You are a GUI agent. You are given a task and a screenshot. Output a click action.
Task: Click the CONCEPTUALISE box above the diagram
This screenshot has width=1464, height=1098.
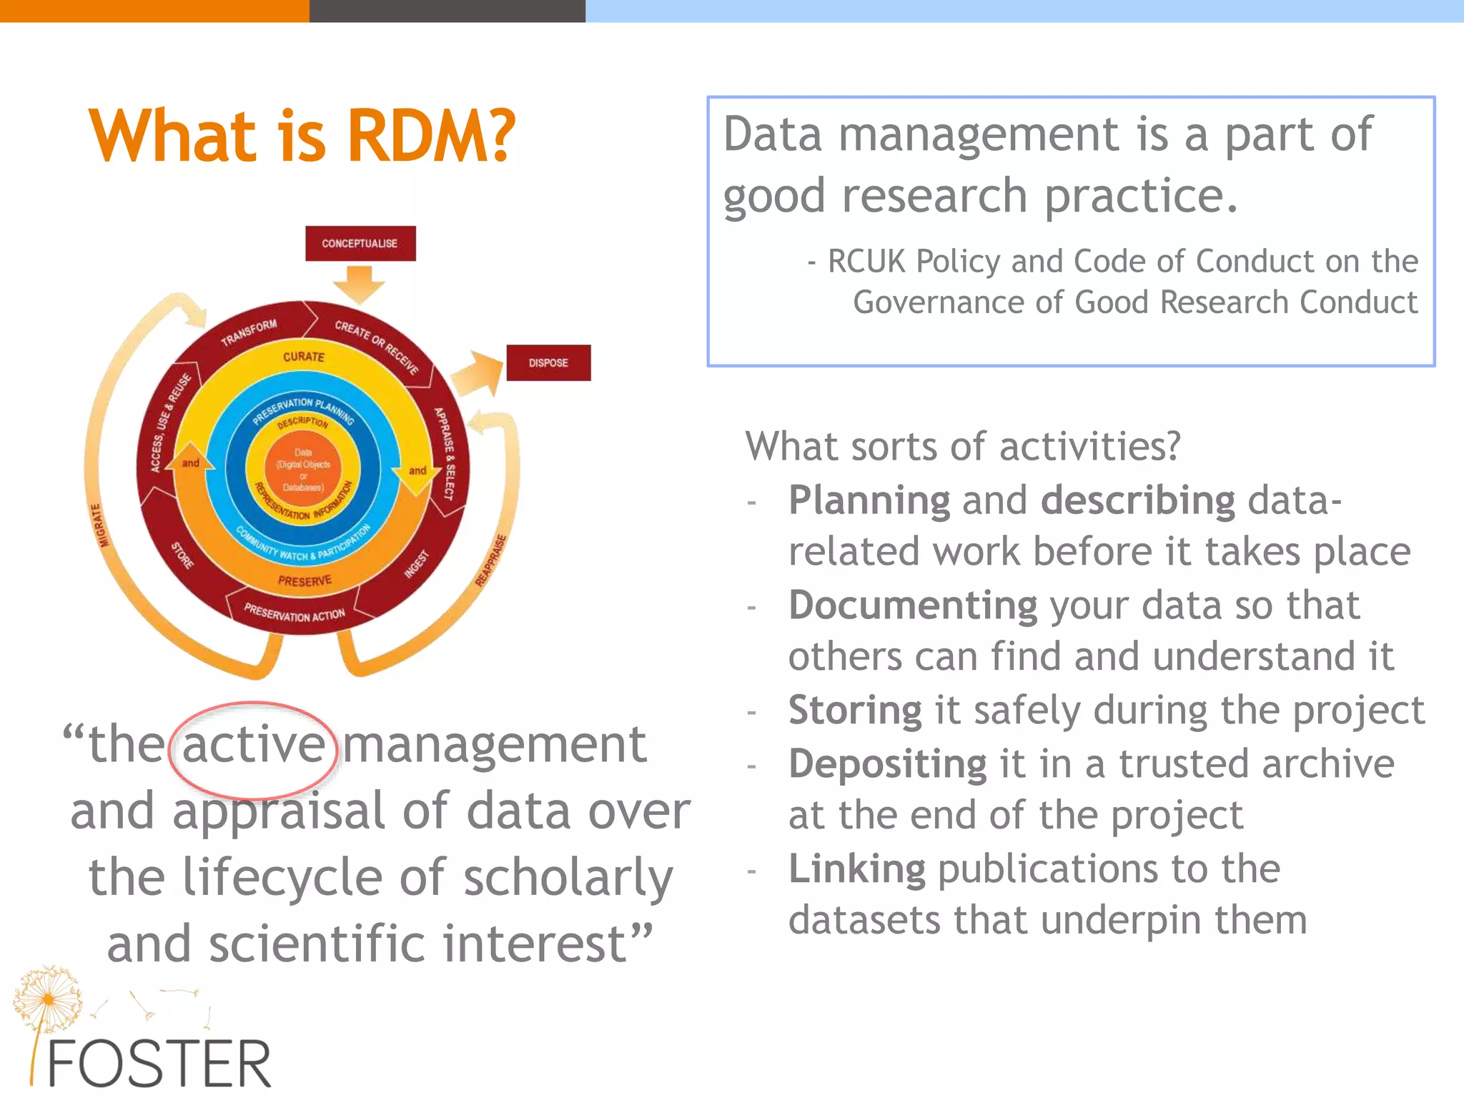(360, 244)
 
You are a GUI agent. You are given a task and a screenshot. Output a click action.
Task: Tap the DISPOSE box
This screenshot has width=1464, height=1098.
(548, 363)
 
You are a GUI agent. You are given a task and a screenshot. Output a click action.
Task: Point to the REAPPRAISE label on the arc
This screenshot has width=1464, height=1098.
(491, 561)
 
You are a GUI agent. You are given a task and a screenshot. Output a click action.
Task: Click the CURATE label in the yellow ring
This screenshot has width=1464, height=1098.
(304, 356)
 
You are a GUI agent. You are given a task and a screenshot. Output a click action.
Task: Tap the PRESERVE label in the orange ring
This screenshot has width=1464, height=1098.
(305, 581)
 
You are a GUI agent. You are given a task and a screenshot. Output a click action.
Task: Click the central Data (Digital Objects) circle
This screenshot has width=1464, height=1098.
(303, 470)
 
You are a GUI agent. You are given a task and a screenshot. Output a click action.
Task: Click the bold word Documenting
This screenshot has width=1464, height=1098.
(912, 605)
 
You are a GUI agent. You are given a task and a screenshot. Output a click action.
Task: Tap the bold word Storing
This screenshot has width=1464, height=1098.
(855, 711)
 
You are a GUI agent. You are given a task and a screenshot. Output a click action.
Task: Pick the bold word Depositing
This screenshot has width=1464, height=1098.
(887, 764)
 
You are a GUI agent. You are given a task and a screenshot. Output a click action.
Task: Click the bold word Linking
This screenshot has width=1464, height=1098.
(856, 869)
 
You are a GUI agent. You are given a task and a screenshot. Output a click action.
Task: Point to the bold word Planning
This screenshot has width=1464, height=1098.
(869, 500)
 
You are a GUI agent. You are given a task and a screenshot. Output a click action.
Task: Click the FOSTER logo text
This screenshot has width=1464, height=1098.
(159, 1064)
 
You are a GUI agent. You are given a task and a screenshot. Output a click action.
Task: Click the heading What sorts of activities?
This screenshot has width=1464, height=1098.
(962, 447)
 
